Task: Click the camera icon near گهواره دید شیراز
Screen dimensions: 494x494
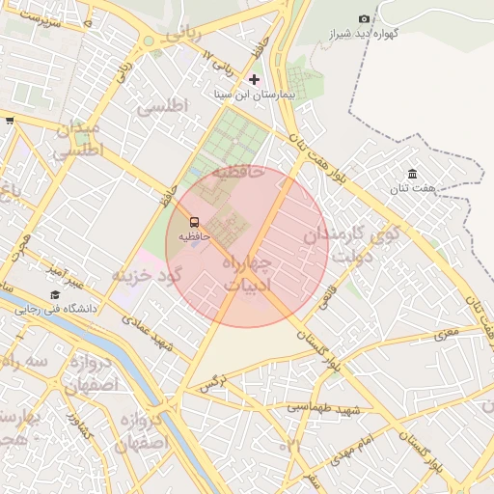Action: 364,19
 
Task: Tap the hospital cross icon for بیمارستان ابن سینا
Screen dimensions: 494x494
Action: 254,79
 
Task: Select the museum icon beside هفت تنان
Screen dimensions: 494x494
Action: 412,174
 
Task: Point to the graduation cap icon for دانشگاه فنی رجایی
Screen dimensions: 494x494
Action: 55,295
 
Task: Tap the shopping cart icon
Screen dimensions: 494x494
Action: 10,121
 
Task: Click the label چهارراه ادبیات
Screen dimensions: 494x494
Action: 248,273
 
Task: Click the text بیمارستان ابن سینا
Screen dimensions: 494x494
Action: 254,96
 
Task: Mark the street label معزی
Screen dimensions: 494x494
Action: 448,335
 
